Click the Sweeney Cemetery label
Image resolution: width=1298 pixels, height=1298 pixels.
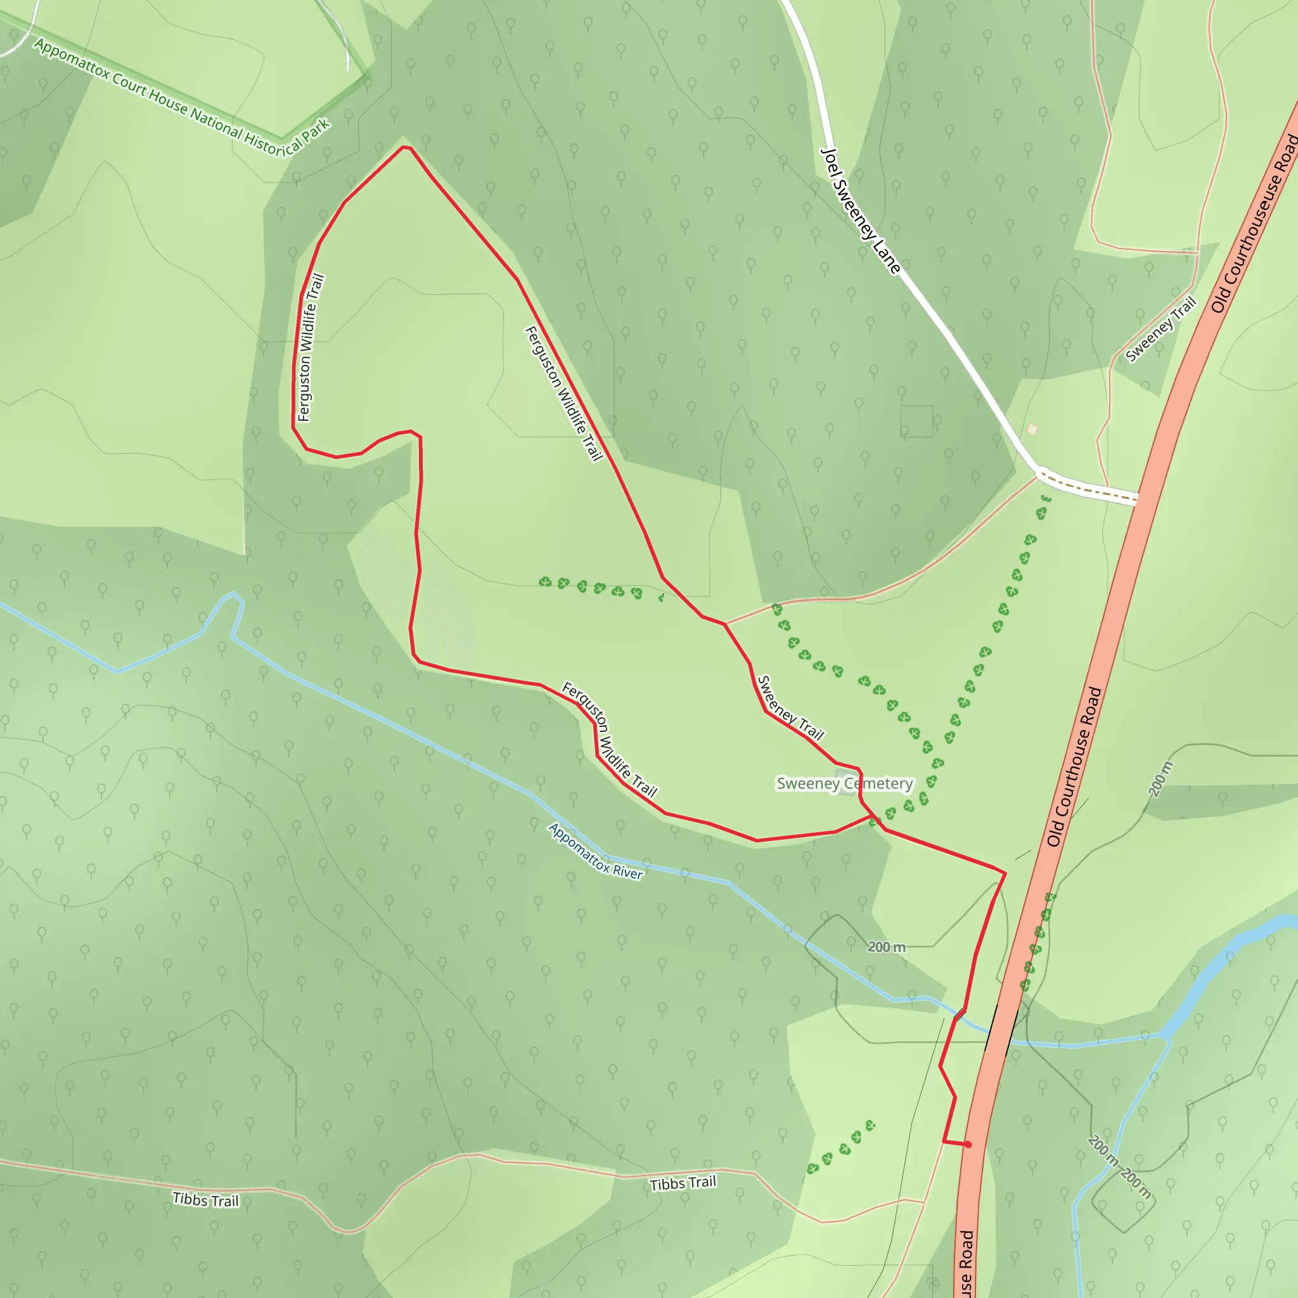pos(844,783)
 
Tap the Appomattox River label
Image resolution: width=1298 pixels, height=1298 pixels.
pos(596,851)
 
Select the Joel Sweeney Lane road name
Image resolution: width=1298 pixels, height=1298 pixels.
pos(861,211)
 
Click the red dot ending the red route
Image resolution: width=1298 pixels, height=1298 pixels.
pos(968,1144)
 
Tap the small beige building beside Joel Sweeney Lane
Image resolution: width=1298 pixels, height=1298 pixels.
pos(1032,428)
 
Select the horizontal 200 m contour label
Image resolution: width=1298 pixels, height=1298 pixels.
pos(886,947)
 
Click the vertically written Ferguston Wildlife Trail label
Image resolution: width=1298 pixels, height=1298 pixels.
pos(310,347)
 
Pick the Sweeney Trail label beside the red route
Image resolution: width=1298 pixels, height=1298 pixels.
pos(790,708)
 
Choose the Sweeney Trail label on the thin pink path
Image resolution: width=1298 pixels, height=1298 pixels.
pos(1161,328)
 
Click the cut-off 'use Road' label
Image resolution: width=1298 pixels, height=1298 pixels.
pos(966,1263)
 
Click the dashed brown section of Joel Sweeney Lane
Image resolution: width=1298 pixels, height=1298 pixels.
pos(1088,489)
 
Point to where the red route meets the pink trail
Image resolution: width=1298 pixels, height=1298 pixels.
pos(724,624)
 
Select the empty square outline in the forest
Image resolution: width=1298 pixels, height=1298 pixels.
pos(916,421)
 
